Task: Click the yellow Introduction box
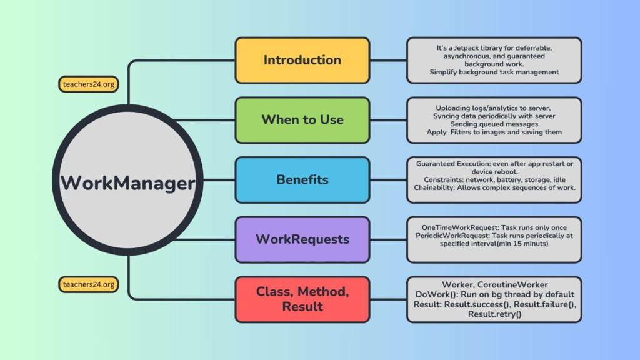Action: pos(302,60)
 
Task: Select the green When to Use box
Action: pos(302,119)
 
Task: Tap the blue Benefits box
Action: pos(302,179)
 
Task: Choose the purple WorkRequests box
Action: pos(302,239)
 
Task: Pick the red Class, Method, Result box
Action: pos(302,299)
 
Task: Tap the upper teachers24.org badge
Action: pos(88,84)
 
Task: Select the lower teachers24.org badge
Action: pos(88,284)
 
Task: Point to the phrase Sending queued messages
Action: pos(494,124)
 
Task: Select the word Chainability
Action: pos(439,188)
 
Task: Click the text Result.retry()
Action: pos(494,314)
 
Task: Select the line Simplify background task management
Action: pos(494,72)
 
